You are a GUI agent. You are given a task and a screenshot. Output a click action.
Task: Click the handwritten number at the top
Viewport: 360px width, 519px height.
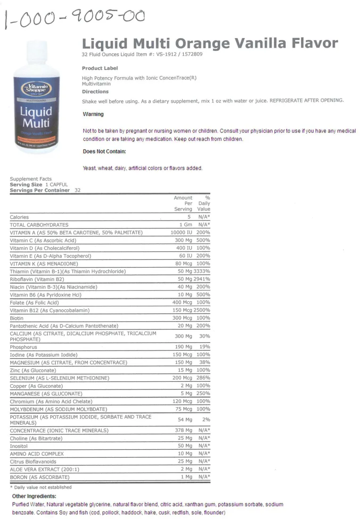click(x=74, y=18)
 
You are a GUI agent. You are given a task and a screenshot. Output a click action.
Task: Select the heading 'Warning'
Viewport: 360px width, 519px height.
click(x=93, y=114)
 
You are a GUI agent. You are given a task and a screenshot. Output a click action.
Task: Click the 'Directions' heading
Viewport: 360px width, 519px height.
click(x=95, y=91)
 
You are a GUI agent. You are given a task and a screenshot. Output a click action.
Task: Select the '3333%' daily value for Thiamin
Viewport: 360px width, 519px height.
click(x=203, y=272)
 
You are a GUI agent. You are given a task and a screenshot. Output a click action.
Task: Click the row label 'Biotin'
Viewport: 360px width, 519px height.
click(x=17, y=318)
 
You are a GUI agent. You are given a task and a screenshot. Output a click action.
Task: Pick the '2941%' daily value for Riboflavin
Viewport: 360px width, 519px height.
click(x=203, y=279)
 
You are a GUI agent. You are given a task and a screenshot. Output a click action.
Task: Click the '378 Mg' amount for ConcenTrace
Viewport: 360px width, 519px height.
click(x=183, y=430)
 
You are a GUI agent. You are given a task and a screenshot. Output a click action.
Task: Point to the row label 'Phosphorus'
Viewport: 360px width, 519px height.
click(x=24, y=346)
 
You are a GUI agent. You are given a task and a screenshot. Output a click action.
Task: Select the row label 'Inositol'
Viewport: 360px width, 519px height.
click(x=19, y=445)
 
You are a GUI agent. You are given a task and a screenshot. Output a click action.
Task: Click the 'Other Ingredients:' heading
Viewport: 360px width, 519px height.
click(x=34, y=496)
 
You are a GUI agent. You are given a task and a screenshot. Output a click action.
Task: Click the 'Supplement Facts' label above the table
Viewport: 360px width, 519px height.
click(x=31, y=179)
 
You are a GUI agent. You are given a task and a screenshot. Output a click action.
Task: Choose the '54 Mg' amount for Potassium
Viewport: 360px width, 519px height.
click(x=185, y=420)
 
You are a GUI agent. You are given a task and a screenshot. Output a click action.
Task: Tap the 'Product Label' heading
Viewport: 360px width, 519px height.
click(x=100, y=68)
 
